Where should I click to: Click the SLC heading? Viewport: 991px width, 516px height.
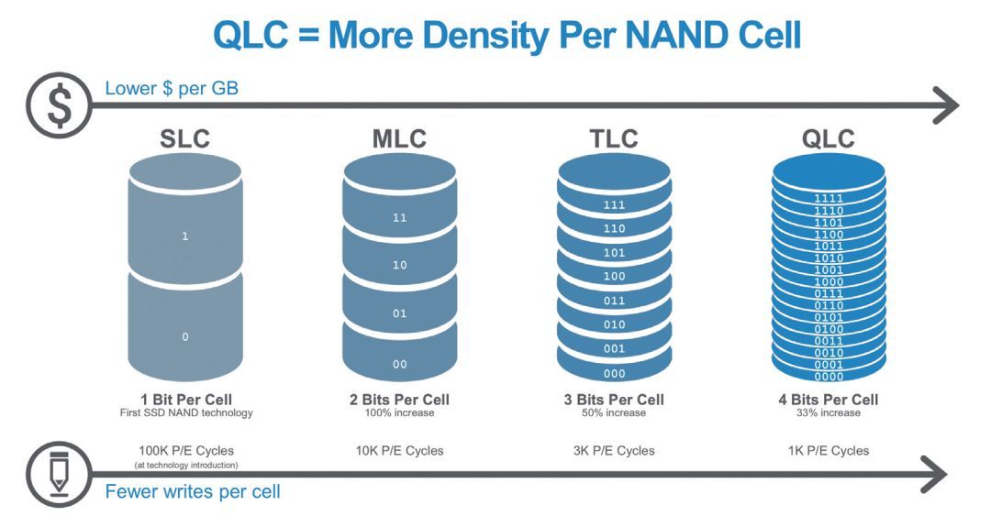click(x=185, y=139)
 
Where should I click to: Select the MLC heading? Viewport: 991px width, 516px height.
click(x=400, y=139)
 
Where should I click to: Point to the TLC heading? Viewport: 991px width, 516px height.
click(x=613, y=139)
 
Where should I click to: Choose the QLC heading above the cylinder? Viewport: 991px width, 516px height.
click(x=828, y=139)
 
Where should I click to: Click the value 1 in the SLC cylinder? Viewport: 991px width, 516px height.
click(x=185, y=236)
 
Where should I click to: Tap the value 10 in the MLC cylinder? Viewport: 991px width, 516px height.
click(x=400, y=266)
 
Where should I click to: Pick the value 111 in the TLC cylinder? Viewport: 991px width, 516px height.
click(x=614, y=206)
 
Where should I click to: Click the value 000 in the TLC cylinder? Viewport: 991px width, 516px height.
click(x=614, y=374)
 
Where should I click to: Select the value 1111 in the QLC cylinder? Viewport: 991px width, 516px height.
click(x=829, y=198)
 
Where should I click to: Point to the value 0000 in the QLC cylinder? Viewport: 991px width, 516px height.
click(x=829, y=377)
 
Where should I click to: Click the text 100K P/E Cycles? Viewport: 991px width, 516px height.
click(x=185, y=450)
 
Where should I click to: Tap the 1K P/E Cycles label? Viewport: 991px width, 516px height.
click(x=828, y=450)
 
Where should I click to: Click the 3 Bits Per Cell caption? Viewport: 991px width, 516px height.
click(x=613, y=400)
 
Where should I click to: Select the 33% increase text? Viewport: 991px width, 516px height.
click(x=828, y=412)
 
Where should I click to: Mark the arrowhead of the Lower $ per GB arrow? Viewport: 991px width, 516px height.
click(x=945, y=105)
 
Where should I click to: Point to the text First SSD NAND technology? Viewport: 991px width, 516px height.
click(x=185, y=412)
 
